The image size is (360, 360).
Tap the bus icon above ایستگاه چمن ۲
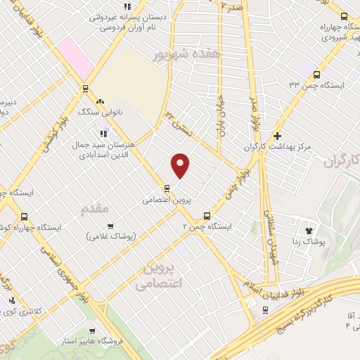pyautogui.click(x=206, y=216)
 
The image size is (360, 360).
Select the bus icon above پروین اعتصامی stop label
pyautogui.click(x=167, y=188)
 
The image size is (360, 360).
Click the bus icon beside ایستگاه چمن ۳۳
pyautogui.click(x=316, y=74)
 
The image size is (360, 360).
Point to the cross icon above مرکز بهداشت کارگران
pyautogui.click(x=278, y=136)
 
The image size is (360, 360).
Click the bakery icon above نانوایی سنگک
pyautogui.click(x=101, y=101)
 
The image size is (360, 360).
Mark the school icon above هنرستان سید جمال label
pyautogui.click(x=103, y=131)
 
